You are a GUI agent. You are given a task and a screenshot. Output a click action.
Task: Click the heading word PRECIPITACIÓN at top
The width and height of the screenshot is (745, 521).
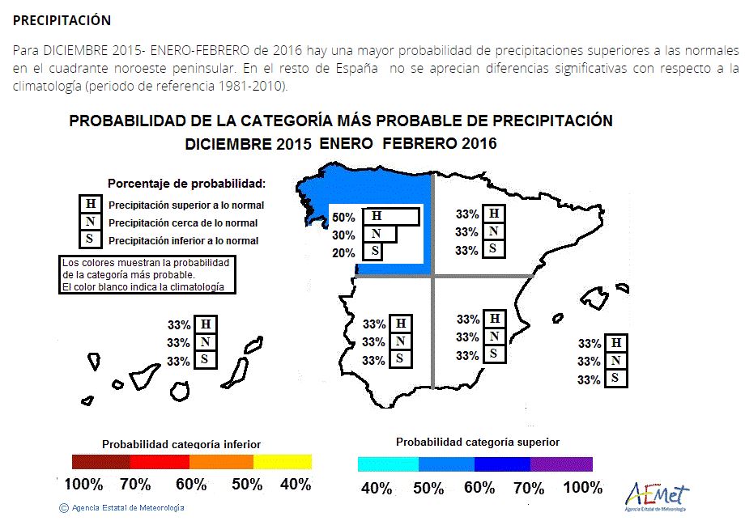coord(62,20)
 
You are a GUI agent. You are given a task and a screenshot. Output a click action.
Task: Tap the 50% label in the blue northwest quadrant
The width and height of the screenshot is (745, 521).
coord(343,218)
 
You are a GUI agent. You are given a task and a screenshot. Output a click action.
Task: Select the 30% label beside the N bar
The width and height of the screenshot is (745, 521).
coord(343,235)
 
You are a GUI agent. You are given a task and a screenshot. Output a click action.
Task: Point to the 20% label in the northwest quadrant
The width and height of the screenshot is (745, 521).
coord(343,253)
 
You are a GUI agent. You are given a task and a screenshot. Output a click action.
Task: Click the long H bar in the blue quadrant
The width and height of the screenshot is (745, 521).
coord(391,216)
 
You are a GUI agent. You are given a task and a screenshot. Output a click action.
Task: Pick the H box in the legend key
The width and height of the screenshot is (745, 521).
coord(90,204)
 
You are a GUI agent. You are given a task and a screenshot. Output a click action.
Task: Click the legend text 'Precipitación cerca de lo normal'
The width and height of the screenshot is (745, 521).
coord(183,223)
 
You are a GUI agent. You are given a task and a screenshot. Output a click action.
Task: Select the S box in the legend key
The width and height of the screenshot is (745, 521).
coord(90,239)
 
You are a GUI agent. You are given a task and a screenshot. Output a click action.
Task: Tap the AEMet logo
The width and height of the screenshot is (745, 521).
coord(657,497)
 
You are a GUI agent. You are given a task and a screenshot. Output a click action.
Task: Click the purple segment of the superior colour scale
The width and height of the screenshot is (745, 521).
coord(562,464)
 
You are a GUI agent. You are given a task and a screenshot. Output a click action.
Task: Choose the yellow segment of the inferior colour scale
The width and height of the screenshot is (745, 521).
coord(283,462)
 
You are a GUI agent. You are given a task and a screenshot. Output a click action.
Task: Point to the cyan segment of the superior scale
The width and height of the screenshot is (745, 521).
coord(388,464)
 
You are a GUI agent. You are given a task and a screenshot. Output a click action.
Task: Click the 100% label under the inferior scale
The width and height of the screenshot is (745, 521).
coord(83,485)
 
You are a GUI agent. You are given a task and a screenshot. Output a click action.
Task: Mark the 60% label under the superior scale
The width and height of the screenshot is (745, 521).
coord(479,488)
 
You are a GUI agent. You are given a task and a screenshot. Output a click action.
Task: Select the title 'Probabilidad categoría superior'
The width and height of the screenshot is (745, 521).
coord(478,443)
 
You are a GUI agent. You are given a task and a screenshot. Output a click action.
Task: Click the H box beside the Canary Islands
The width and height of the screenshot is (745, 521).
coord(206,324)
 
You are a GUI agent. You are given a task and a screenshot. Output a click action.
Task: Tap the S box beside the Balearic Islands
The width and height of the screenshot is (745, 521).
coord(615,378)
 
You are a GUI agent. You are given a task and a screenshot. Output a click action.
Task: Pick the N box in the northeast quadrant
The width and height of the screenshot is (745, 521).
coord(494,231)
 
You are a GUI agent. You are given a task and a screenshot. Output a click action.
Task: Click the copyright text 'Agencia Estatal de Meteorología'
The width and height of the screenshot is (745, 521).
coord(128,508)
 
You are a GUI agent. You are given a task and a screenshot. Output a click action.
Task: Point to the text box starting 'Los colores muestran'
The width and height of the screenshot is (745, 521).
coord(147,275)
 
